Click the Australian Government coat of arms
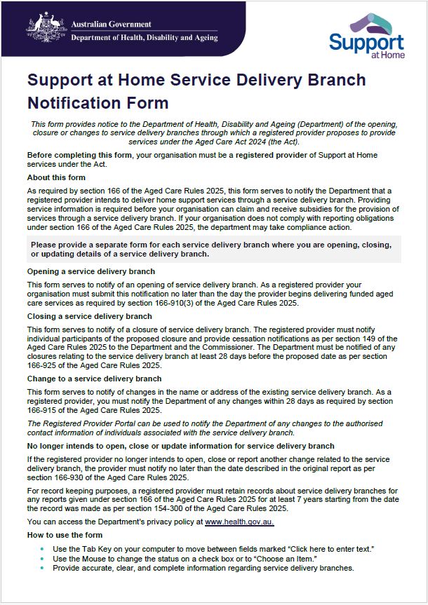pos(48,28)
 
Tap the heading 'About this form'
pos(56,177)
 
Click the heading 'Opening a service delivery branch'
pos(91,271)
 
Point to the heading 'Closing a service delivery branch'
pos(89,316)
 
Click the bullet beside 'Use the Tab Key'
pos(42,548)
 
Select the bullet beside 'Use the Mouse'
pos(42,558)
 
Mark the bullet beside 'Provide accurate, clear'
pos(42,568)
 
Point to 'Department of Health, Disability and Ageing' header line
pos(144,37)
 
